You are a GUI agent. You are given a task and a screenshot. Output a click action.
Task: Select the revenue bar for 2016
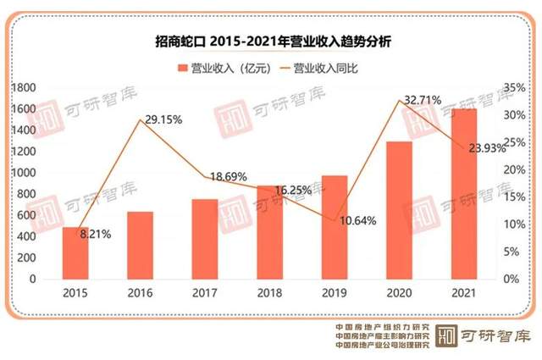(x=140, y=246)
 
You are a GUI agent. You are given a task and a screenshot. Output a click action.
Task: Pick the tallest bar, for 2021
(x=463, y=194)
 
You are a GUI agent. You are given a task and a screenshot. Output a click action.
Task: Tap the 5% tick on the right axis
(x=511, y=252)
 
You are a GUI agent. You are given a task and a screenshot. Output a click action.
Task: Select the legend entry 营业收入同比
(x=334, y=67)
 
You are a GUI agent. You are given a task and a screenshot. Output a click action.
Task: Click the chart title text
(x=271, y=40)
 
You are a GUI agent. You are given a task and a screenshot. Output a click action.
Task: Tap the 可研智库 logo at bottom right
(x=484, y=334)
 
